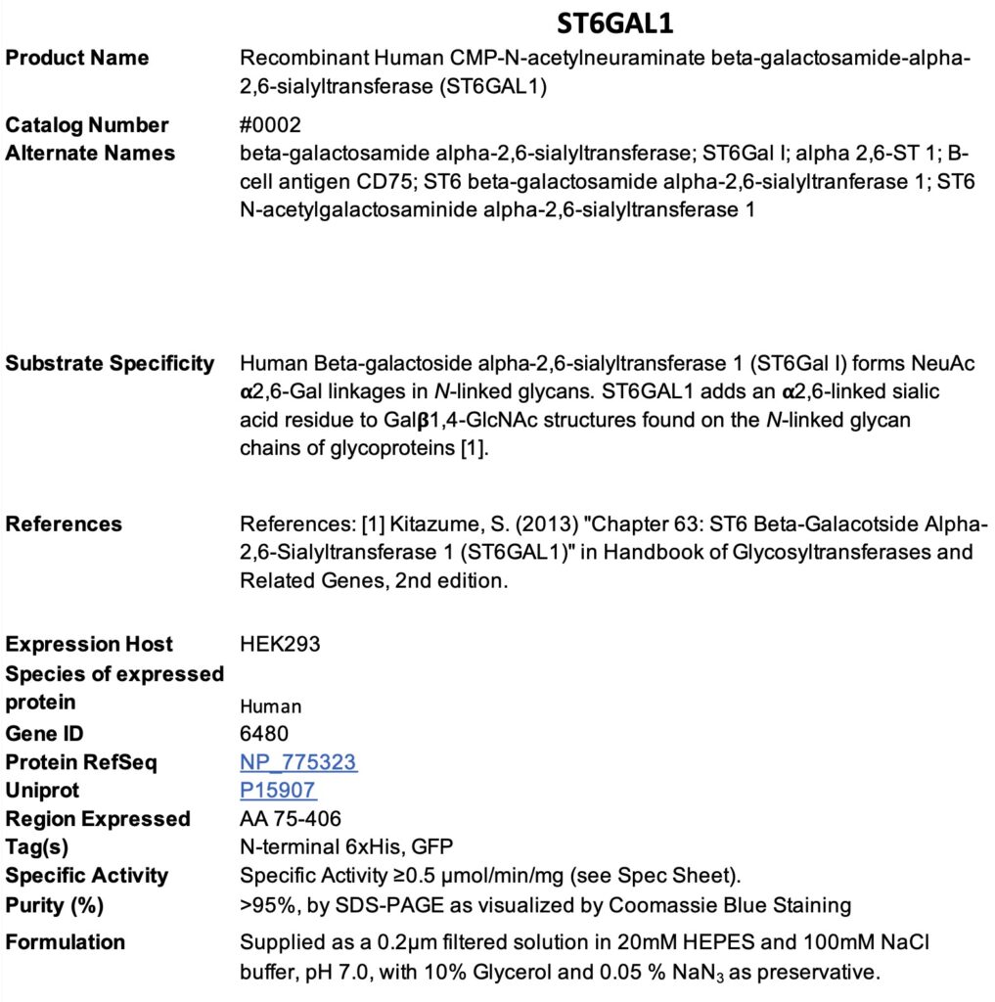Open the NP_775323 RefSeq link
[x=298, y=762]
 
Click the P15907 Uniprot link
[x=278, y=791]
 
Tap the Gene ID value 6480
[x=264, y=734]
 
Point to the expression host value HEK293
[x=280, y=645]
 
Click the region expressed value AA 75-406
[x=291, y=819]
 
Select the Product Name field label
[x=77, y=58]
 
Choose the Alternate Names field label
[x=90, y=154]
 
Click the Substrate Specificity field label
[x=110, y=364]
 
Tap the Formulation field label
[x=66, y=942]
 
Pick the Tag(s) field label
[x=37, y=847]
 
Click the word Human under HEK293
[x=271, y=706]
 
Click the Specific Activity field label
[x=87, y=876]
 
